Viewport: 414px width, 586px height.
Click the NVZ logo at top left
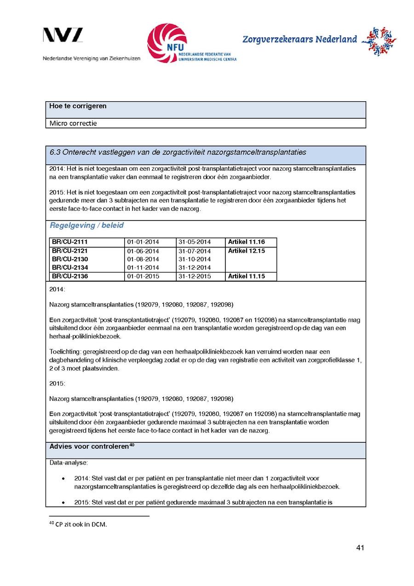click(x=63, y=35)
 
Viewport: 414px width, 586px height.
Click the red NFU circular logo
click(x=167, y=43)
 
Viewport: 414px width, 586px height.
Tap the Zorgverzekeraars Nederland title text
click(x=299, y=40)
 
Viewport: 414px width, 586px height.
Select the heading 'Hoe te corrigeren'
click(x=78, y=106)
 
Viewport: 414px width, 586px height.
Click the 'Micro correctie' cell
click(x=73, y=123)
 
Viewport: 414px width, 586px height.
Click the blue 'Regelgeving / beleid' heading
click(x=86, y=226)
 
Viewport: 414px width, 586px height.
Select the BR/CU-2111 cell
click(x=70, y=242)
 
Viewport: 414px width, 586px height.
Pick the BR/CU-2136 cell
click(x=70, y=277)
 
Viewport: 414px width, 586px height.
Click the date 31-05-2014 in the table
click(x=195, y=242)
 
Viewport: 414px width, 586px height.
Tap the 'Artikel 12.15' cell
click(x=247, y=251)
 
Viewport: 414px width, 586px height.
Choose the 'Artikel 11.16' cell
click(x=247, y=242)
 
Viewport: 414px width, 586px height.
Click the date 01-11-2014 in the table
click(x=143, y=268)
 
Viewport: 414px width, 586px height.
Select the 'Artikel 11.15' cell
click(x=247, y=277)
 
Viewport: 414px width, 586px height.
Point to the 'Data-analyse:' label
click(x=69, y=463)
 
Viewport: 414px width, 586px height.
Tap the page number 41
click(x=360, y=548)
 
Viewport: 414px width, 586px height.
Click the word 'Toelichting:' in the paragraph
click(x=65, y=352)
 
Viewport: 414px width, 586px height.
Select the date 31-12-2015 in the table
click(x=195, y=277)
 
